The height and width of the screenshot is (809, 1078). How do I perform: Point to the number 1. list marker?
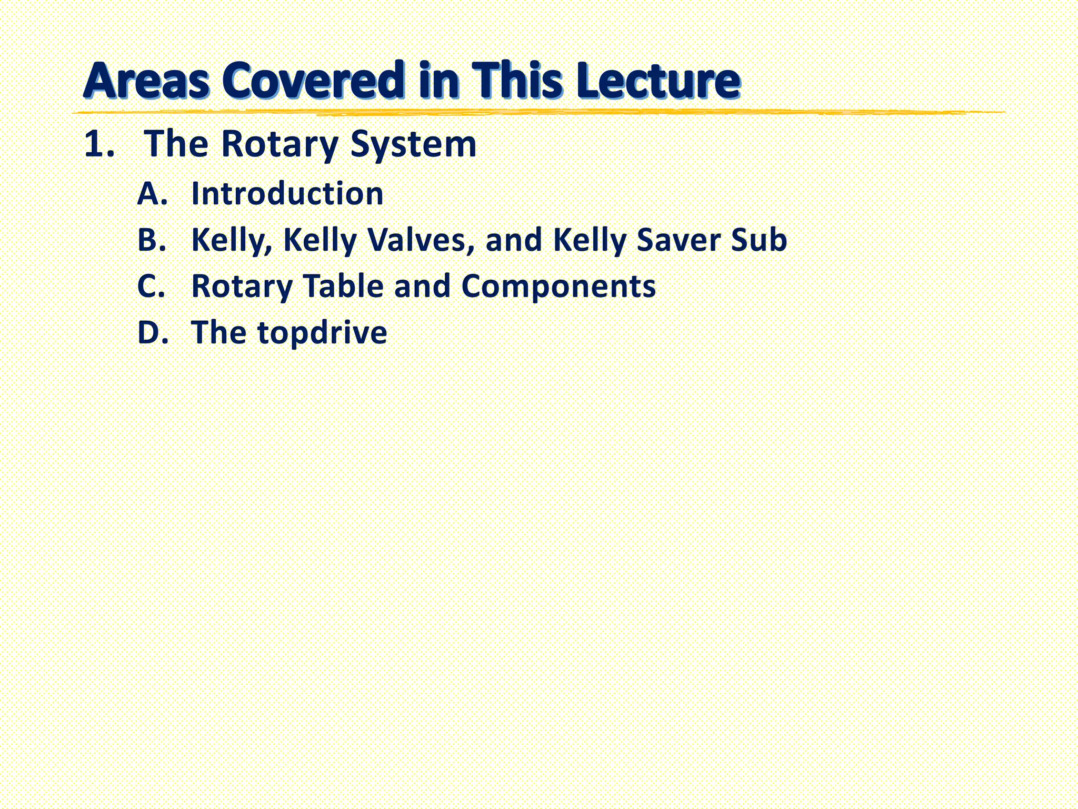coord(99,144)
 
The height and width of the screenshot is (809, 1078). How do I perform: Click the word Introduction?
coord(287,193)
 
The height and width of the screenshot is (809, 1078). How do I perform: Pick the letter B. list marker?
coord(152,240)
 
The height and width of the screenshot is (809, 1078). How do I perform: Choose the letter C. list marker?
coord(152,286)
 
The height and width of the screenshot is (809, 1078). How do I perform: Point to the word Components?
coord(558,287)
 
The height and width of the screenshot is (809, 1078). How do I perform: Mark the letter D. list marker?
coord(153,332)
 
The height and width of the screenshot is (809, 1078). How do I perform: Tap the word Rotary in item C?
coord(242,287)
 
